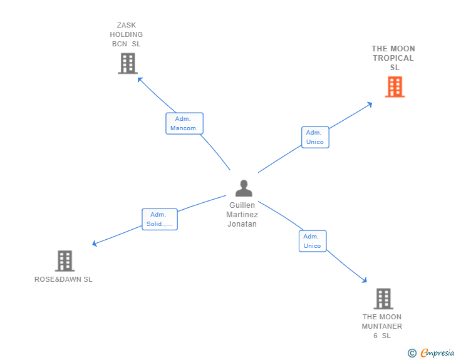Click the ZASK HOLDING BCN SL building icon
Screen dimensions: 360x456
pos(127,63)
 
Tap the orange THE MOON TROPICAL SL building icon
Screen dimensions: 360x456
pos(394,87)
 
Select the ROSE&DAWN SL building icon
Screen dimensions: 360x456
pos(65,260)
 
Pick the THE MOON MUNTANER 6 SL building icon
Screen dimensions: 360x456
pos(383,299)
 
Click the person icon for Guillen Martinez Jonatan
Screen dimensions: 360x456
pos(243,188)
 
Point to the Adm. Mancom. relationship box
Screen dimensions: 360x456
pos(184,123)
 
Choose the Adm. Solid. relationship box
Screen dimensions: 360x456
pos(159,219)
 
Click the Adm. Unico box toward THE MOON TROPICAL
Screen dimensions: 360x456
pos(315,137)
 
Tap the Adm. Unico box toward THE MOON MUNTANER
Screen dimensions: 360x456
pos(312,241)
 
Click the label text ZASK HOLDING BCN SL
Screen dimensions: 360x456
pos(127,34)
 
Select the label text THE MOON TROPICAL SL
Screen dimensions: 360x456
pos(393,58)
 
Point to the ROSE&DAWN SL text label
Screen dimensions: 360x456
pos(63,279)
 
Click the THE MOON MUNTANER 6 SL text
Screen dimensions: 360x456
pos(382,326)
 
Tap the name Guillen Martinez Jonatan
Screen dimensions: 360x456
pos(242,215)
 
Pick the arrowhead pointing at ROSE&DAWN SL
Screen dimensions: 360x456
pos(94,244)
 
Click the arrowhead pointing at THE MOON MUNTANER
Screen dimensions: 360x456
pos(365,281)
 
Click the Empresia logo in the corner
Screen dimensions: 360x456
pos(437,353)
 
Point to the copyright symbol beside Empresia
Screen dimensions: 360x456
pos(412,353)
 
